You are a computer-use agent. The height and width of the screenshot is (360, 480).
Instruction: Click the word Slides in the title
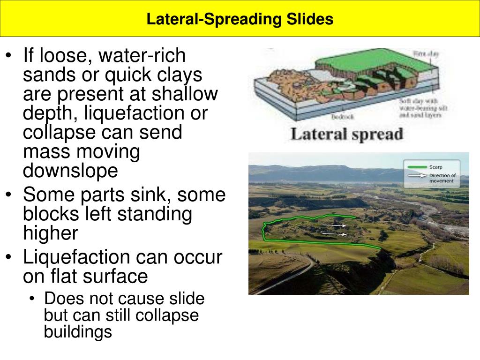tap(310, 19)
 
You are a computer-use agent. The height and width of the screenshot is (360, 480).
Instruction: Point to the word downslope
tap(70, 171)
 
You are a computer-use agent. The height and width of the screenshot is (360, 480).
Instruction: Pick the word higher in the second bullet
tap(50, 232)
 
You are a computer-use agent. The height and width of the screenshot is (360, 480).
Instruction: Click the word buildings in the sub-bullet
tap(78, 332)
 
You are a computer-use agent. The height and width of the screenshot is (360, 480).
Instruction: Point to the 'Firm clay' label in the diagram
tap(426, 54)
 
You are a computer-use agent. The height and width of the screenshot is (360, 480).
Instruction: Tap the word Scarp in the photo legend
tap(435, 167)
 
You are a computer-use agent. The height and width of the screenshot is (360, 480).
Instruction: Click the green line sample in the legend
tap(417, 167)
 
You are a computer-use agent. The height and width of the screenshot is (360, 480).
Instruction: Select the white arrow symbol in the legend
tap(417, 176)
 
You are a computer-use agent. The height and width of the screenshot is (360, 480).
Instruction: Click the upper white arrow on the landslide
tap(334, 226)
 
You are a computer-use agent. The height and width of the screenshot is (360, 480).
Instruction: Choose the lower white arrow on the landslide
tap(335, 233)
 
